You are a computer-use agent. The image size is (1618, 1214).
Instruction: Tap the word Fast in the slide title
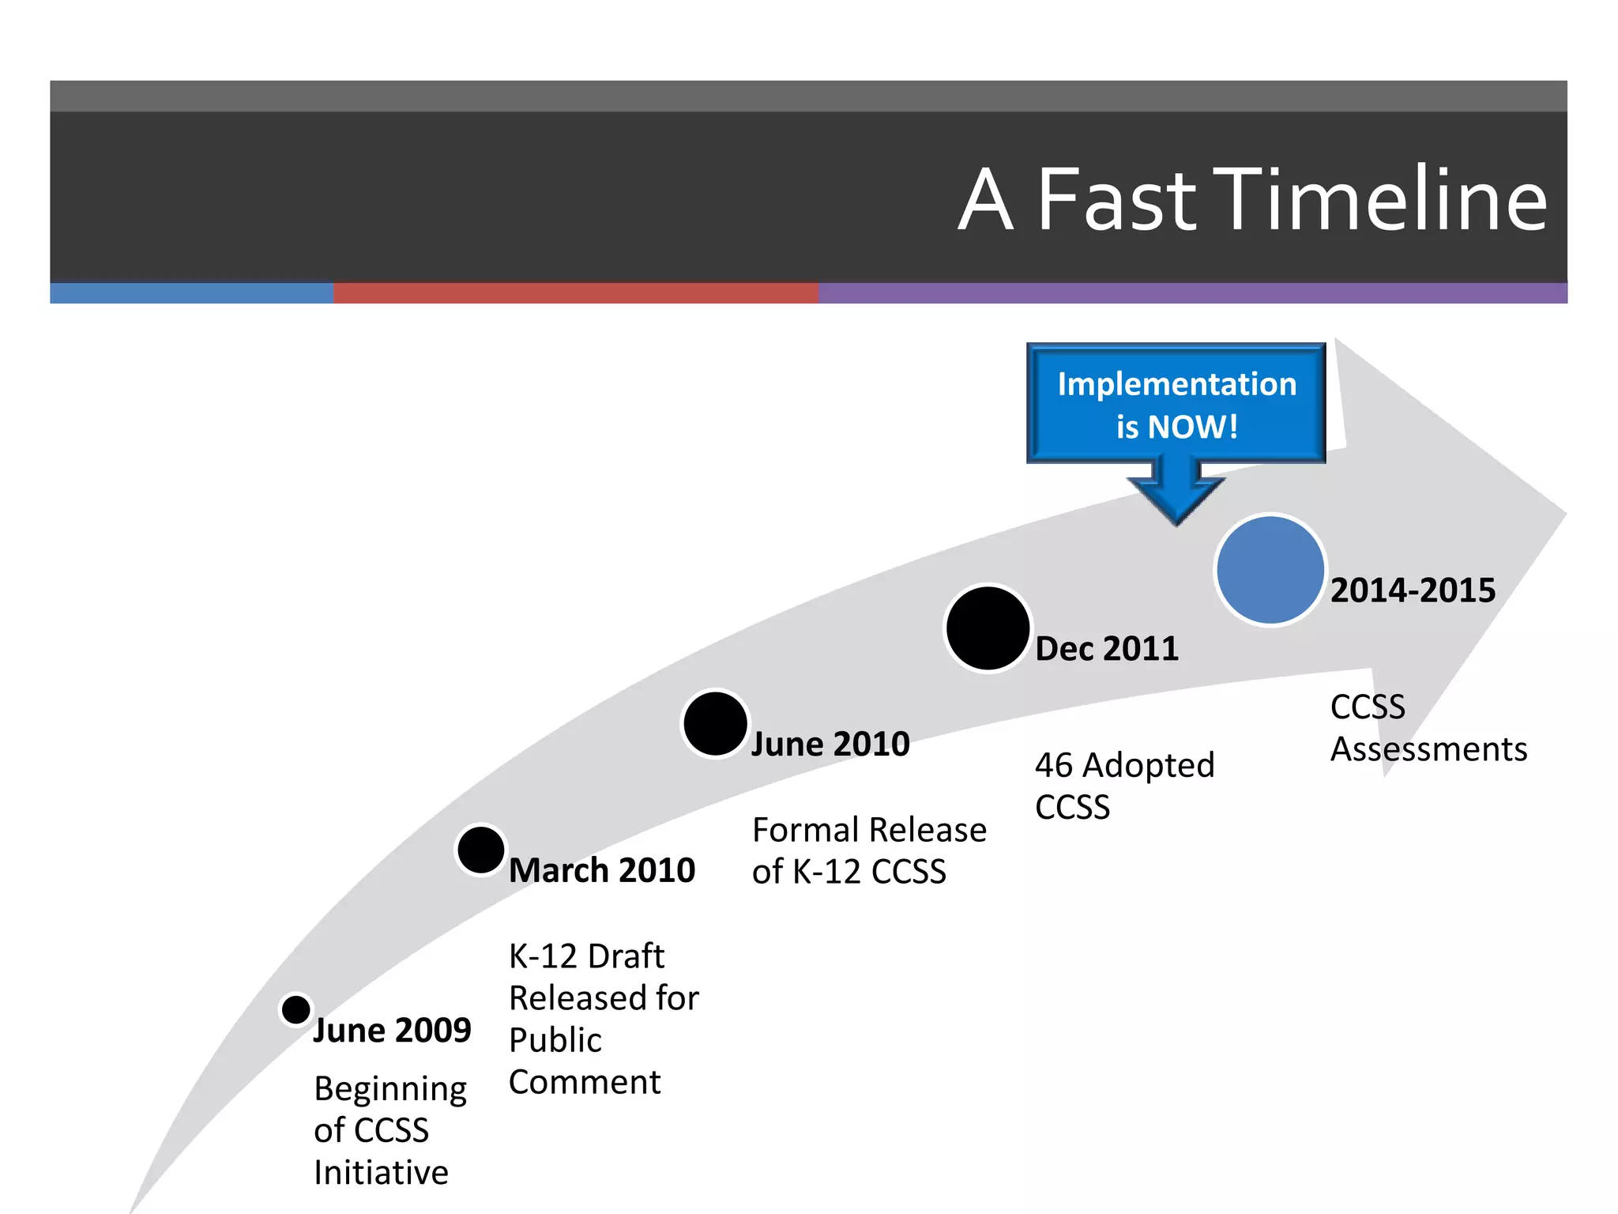pyautogui.click(x=1116, y=201)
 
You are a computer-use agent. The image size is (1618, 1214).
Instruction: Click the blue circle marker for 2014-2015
pyautogui.click(x=1270, y=569)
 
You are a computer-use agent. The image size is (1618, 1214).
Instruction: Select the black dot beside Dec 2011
pyautogui.click(x=988, y=628)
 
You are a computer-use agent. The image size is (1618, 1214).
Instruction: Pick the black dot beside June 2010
pyautogui.click(x=715, y=723)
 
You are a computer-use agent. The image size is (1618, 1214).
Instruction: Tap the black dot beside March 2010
pyautogui.click(x=480, y=850)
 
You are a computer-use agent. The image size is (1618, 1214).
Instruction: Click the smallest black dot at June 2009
pyautogui.click(x=296, y=1009)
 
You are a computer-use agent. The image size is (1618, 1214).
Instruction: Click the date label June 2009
pyautogui.click(x=392, y=1031)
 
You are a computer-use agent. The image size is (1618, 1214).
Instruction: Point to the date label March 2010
pyautogui.click(x=601, y=870)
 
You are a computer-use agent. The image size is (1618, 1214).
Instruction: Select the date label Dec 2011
pyautogui.click(x=1106, y=649)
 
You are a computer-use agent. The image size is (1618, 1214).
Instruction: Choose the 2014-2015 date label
pyautogui.click(x=1413, y=590)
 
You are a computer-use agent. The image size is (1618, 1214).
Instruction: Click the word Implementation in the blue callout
pyautogui.click(x=1176, y=385)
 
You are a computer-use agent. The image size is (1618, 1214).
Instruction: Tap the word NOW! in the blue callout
pyautogui.click(x=1192, y=428)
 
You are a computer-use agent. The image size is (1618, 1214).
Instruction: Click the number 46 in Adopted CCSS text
pyautogui.click(x=1054, y=765)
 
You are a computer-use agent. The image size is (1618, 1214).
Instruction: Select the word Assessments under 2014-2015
pyautogui.click(x=1428, y=749)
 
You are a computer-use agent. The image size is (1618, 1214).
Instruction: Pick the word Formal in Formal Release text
pyautogui.click(x=805, y=831)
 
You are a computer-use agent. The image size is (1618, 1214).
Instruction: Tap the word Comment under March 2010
pyautogui.click(x=585, y=1082)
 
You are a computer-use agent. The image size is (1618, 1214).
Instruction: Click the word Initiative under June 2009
pyautogui.click(x=381, y=1173)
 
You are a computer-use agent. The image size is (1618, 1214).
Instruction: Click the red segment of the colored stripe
pyautogui.click(x=575, y=293)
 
